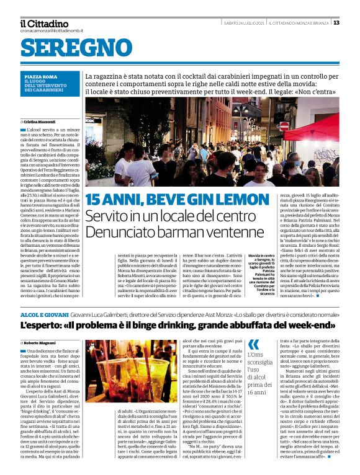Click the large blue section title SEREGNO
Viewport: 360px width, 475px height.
(x=76, y=48)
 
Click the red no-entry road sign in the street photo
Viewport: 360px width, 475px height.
(x=284, y=125)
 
